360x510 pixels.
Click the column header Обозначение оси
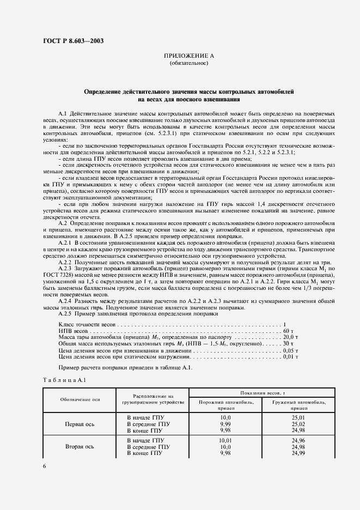coord(80,399)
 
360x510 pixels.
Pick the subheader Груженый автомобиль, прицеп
coord(298,404)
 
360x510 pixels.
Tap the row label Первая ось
coord(80,423)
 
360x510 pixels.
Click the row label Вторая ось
coord(80,446)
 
